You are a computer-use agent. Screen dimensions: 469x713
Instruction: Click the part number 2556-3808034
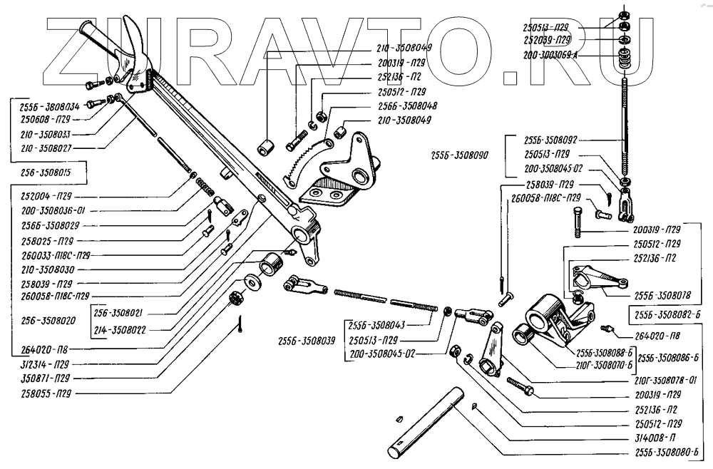click(x=46, y=105)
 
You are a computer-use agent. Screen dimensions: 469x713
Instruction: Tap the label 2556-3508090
click(x=459, y=155)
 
